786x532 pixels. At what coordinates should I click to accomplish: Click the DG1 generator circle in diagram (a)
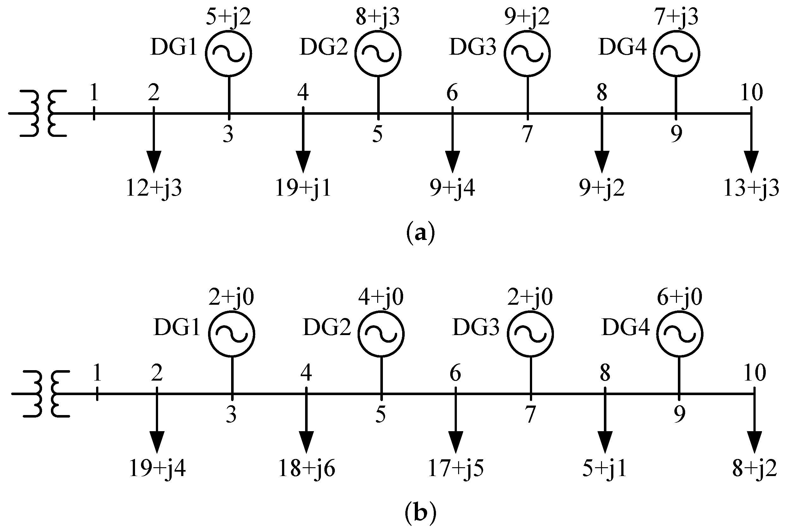[x=228, y=53]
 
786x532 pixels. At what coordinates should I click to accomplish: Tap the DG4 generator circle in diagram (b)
[x=679, y=333]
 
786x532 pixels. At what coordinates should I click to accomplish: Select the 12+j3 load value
[x=154, y=188]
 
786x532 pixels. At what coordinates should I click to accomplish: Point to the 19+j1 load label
[x=303, y=188]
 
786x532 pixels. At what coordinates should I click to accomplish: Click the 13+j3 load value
[x=751, y=188]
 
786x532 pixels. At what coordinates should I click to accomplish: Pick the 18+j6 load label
[x=306, y=469]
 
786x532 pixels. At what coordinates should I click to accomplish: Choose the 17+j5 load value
[x=456, y=469]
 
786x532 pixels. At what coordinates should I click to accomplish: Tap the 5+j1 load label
[x=605, y=469]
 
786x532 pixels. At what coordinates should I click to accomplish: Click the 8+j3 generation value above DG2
[x=378, y=17]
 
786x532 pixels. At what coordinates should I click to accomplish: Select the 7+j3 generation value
[x=676, y=17]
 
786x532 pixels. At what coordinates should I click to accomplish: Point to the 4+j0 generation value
[x=381, y=297]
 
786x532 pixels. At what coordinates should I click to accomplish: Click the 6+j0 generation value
[x=679, y=297]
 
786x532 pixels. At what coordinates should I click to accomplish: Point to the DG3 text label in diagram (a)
[x=473, y=47]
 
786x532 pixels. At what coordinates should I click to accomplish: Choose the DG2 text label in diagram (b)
[x=327, y=328]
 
